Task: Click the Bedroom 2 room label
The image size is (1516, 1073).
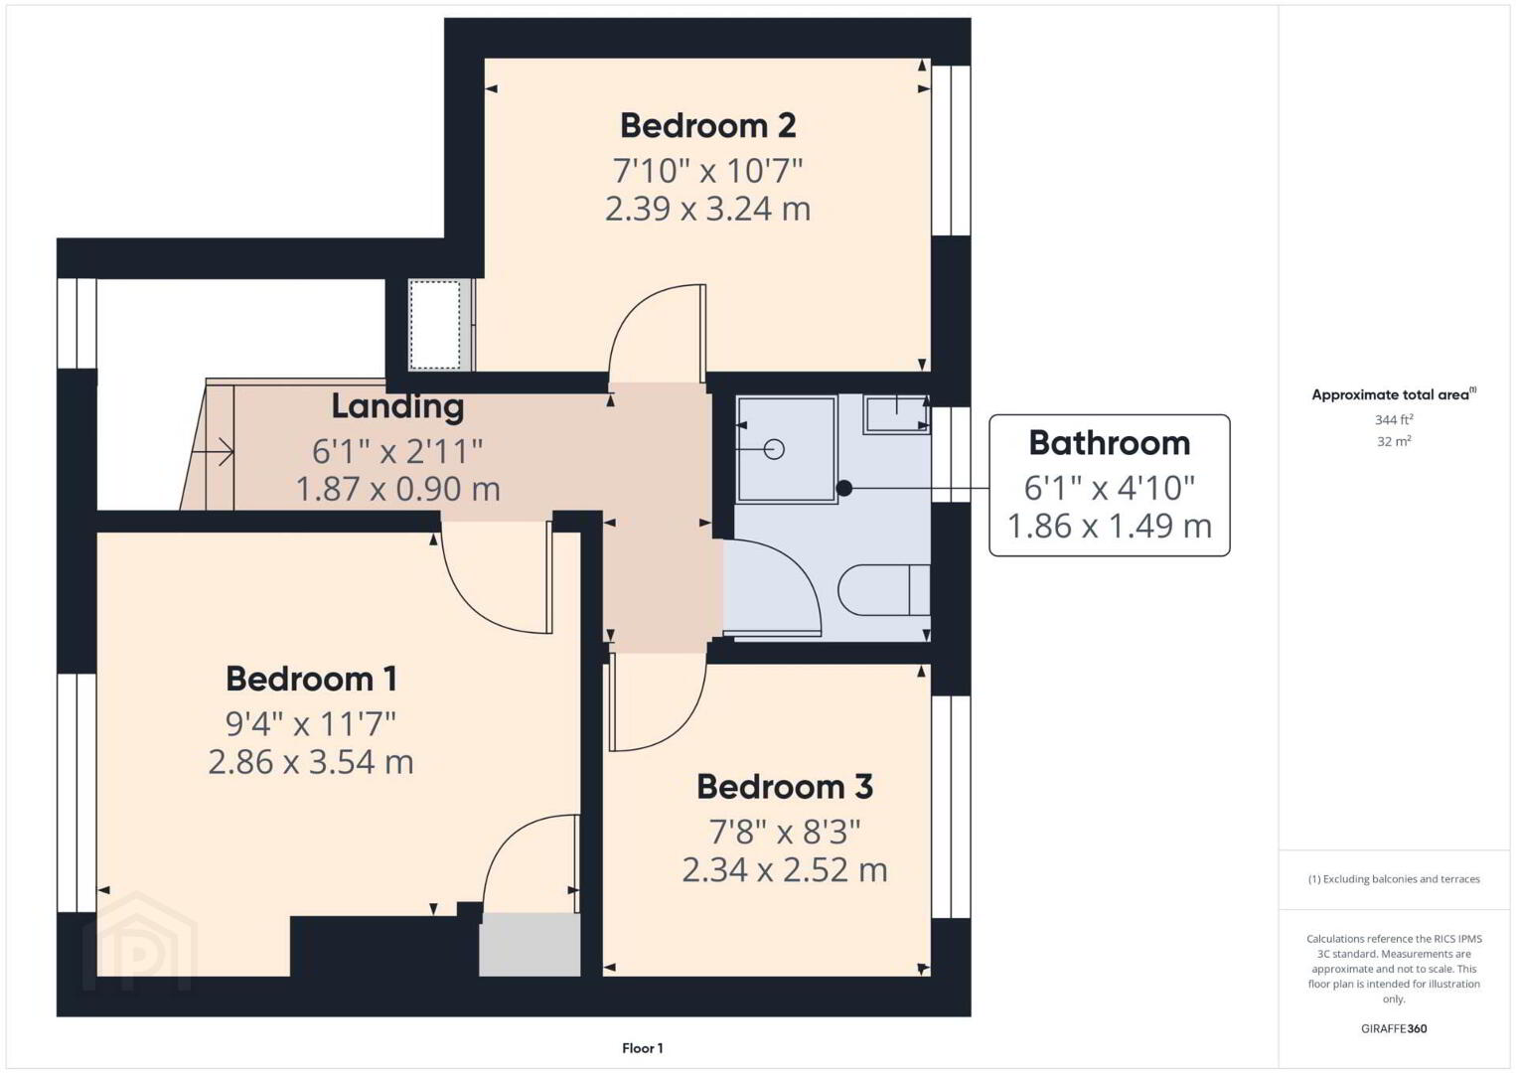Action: (x=708, y=126)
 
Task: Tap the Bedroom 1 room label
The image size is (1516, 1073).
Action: (x=311, y=679)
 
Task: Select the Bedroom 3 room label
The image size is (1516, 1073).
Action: (x=785, y=787)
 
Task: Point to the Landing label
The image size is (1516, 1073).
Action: (x=398, y=406)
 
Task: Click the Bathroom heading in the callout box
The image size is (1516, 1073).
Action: (x=1110, y=443)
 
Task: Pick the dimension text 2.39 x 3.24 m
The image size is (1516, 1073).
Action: (x=708, y=209)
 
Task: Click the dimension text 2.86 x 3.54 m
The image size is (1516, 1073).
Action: (x=311, y=762)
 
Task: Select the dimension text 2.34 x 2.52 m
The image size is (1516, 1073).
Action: (x=785, y=870)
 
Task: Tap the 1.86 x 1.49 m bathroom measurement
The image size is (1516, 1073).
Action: (x=1110, y=526)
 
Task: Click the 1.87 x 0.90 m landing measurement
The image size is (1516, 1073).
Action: (x=398, y=489)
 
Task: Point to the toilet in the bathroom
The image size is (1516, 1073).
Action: (x=884, y=589)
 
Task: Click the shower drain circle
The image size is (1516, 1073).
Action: (x=774, y=449)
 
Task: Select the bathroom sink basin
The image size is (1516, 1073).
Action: (x=896, y=414)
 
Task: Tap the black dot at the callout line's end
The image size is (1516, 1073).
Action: (x=844, y=488)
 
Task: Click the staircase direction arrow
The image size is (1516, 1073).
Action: (x=213, y=451)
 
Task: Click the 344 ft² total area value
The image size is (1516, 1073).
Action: (x=1394, y=419)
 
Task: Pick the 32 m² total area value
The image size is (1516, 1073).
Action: (x=1394, y=441)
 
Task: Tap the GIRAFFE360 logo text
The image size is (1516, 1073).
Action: (x=1394, y=1028)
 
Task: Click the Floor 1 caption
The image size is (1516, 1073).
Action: (x=643, y=1048)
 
